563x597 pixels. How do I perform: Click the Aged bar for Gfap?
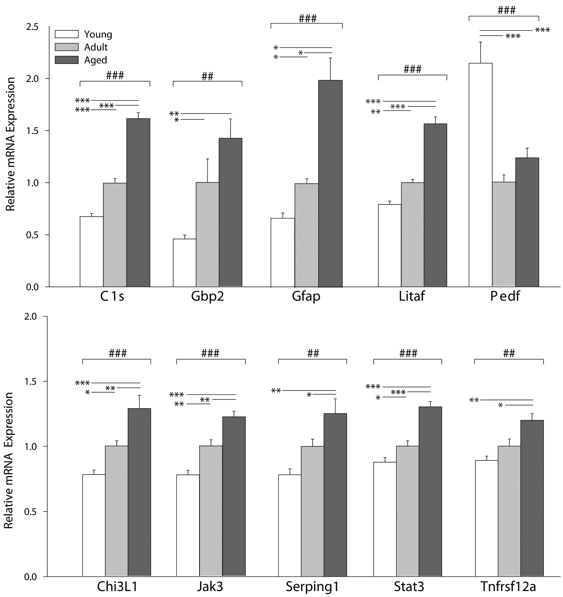click(x=330, y=184)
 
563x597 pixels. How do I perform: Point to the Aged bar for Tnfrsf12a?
click(x=532, y=498)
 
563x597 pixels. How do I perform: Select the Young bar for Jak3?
click(x=188, y=526)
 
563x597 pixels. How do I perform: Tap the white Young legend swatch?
click(x=66, y=34)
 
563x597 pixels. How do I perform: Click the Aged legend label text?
click(x=95, y=60)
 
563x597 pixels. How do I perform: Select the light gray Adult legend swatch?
click(x=66, y=47)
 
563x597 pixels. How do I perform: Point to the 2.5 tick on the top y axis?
click(x=32, y=27)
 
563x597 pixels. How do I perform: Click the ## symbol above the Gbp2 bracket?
click(x=208, y=76)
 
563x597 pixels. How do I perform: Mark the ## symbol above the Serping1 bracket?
click(x=313, y=353)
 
